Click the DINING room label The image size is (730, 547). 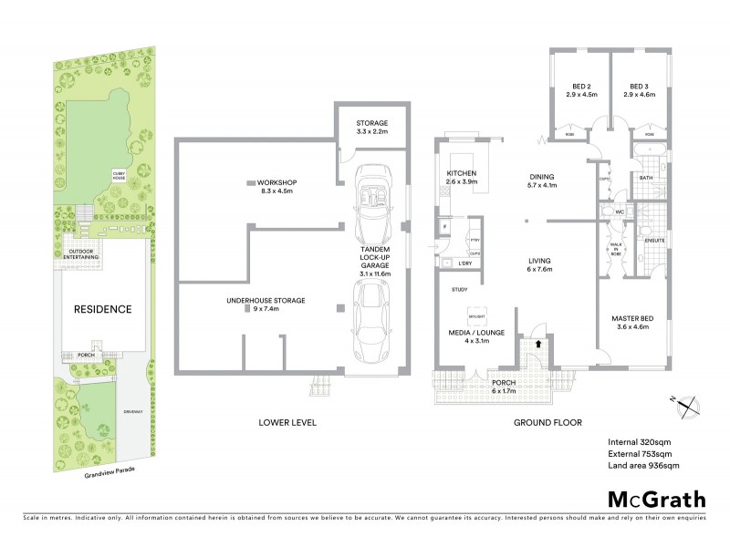[x=543, y=181]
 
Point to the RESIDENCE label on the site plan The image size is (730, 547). [x=102, y=309]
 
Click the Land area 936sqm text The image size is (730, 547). [x=643, y=466]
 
